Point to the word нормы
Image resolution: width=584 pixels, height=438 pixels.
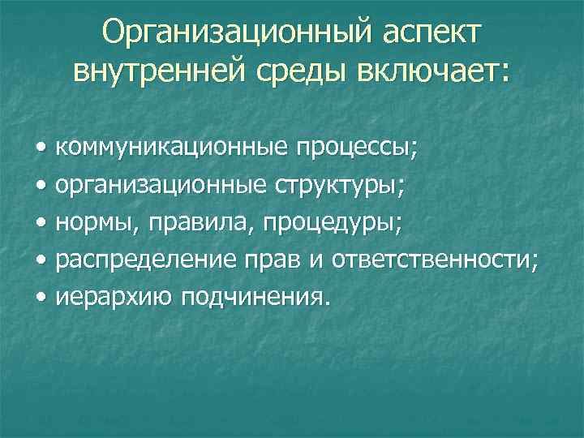tap(88, 223)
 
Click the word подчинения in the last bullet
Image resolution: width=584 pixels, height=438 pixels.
tap(255, 298)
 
